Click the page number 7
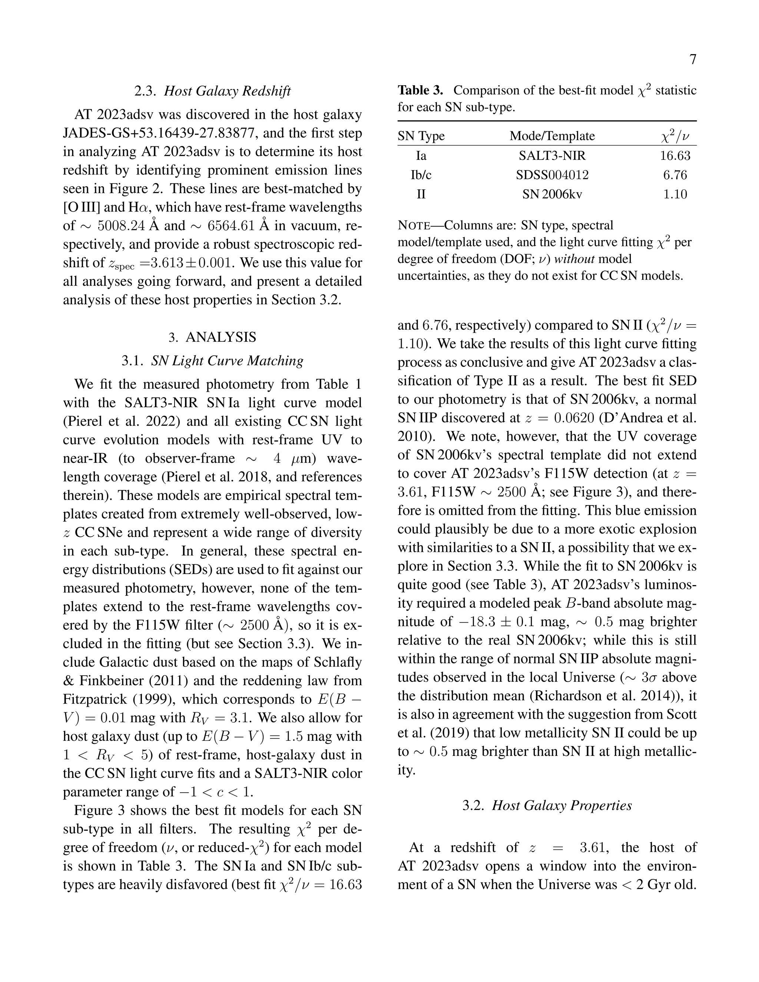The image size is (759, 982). tap(692, 59)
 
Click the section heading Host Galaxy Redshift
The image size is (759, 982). tap(227, 91)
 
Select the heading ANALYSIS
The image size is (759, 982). tap(221, 337)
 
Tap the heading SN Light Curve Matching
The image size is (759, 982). tap(227, 361)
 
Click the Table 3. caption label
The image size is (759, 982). tap(420, 90)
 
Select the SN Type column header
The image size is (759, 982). tap(421, 136)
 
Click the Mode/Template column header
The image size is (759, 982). tap(552, 136)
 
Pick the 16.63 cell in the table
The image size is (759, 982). tap(675, 156)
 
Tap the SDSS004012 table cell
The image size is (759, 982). tap(552, 175)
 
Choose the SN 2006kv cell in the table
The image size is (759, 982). tap(552, 194)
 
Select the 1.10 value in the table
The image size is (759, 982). tap(675, 194)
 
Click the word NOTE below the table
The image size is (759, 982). tap(414, 225)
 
